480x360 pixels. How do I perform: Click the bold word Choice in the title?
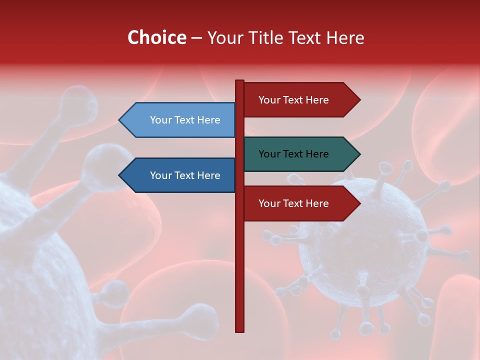click(156, 37)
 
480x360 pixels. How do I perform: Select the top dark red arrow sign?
click(300, 100)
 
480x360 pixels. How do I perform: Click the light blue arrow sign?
click(180, 120)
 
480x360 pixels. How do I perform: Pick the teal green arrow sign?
click(300, 154)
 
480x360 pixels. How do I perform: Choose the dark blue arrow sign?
click(180, 175)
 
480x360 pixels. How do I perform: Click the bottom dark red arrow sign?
click(300, 203)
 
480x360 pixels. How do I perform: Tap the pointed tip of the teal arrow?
click(359, 154)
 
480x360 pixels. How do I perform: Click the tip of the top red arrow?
click(359, 100)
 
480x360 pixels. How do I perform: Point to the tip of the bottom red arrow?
click(359, 203)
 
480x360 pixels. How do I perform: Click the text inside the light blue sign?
click(185, 120)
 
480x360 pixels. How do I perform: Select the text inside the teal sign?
click(293, 154)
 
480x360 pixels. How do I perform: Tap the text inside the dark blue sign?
click(185, 175)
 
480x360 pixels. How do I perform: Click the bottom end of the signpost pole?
click(240, 330)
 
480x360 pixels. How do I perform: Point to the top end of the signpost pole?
click(240, 81)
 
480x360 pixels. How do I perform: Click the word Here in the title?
click(345, 37)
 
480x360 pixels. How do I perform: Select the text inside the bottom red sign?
click(293, 203)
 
